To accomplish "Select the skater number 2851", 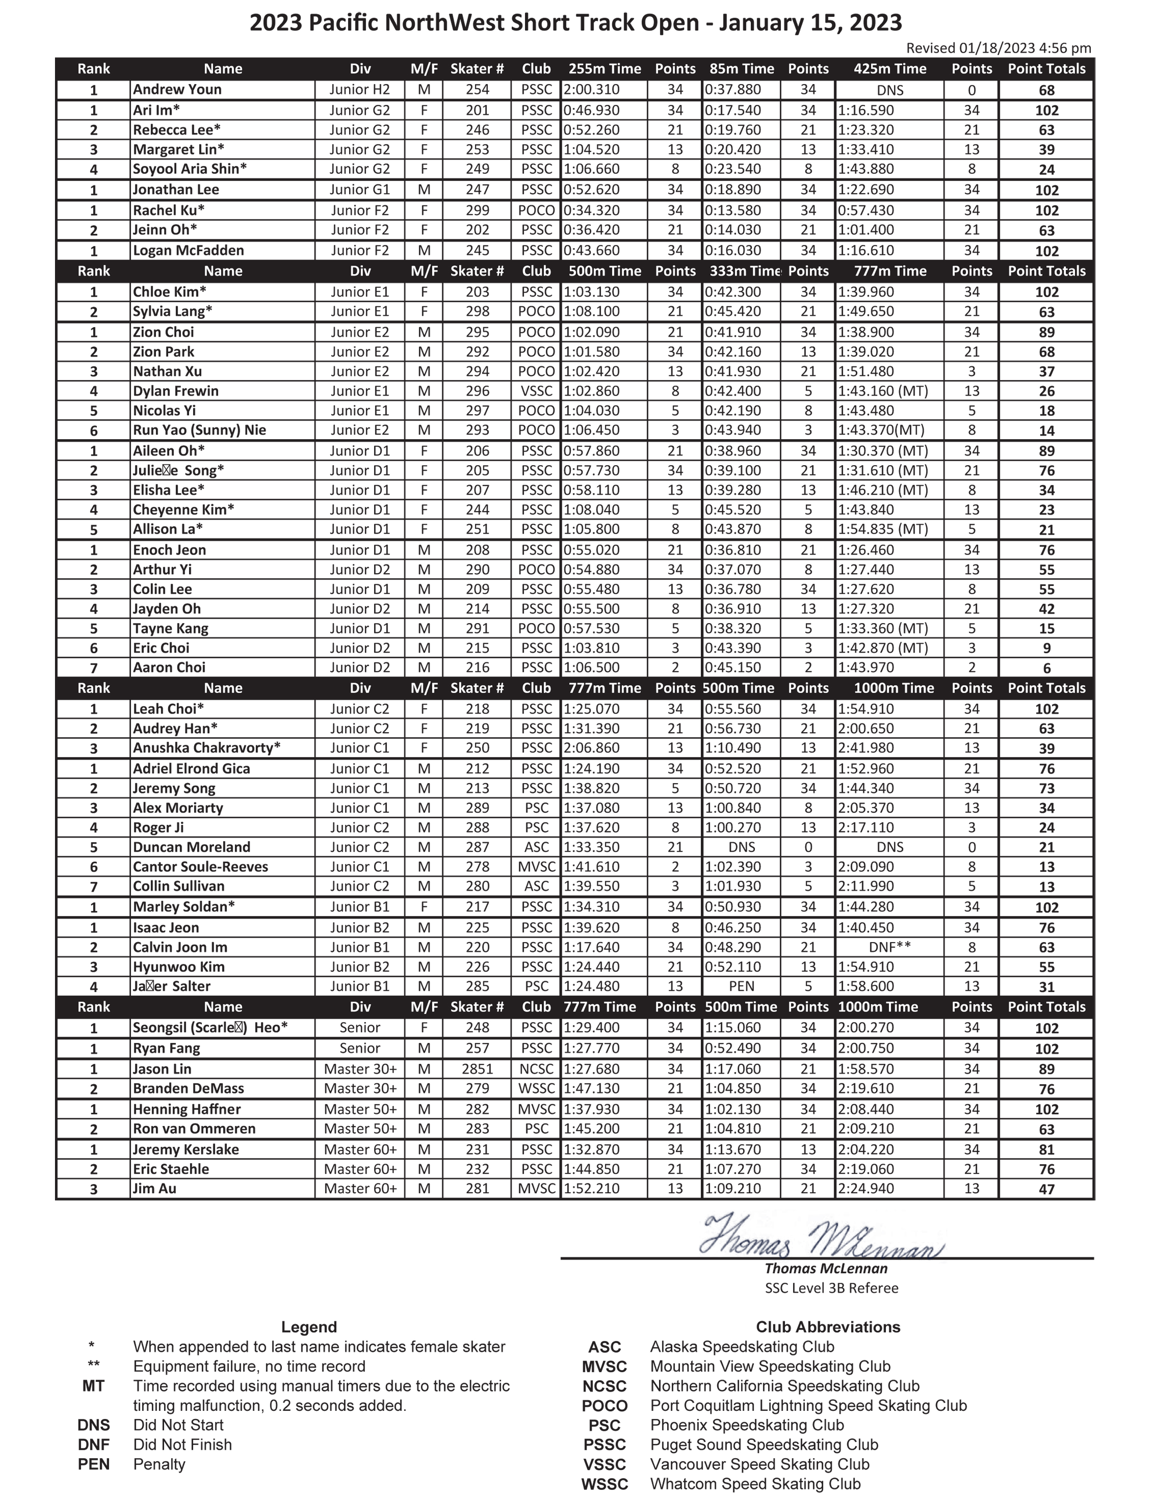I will pyautogui.click(x=477, y=1069).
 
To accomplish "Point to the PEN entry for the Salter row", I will pyautogui.click(x=742, y=986).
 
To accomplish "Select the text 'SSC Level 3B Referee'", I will pyautogui.click(x=831, y=1288).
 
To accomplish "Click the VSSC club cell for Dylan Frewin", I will pyautogui.click(x=536, y=391).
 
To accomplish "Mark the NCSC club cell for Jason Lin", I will pyautogui.click(x=536, y=1069).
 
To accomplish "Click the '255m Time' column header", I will pyautogui.click(x=604, y=69).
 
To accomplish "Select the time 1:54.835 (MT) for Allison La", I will pyautogui.click(x=882, y=529).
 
